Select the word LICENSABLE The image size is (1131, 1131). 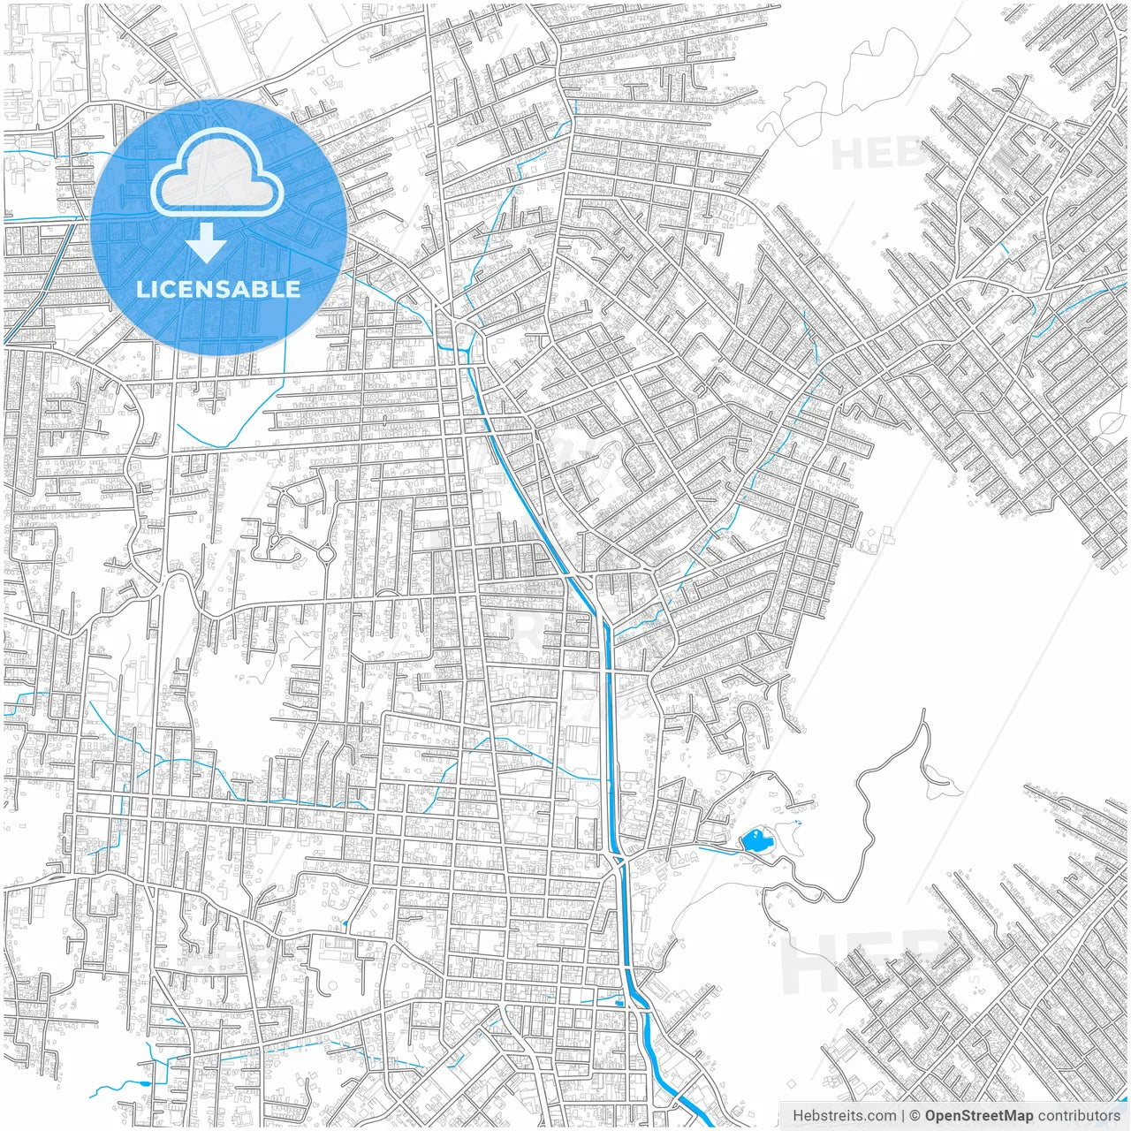218,289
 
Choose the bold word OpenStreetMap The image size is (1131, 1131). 979,1116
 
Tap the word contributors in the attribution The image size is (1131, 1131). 1079,1116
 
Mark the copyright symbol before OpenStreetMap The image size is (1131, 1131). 915,1116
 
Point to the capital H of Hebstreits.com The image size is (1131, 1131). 798,1116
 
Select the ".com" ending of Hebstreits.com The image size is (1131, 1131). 880,1116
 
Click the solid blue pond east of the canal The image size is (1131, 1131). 755,840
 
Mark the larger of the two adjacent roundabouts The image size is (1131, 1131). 324,555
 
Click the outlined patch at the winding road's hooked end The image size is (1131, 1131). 938,778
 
